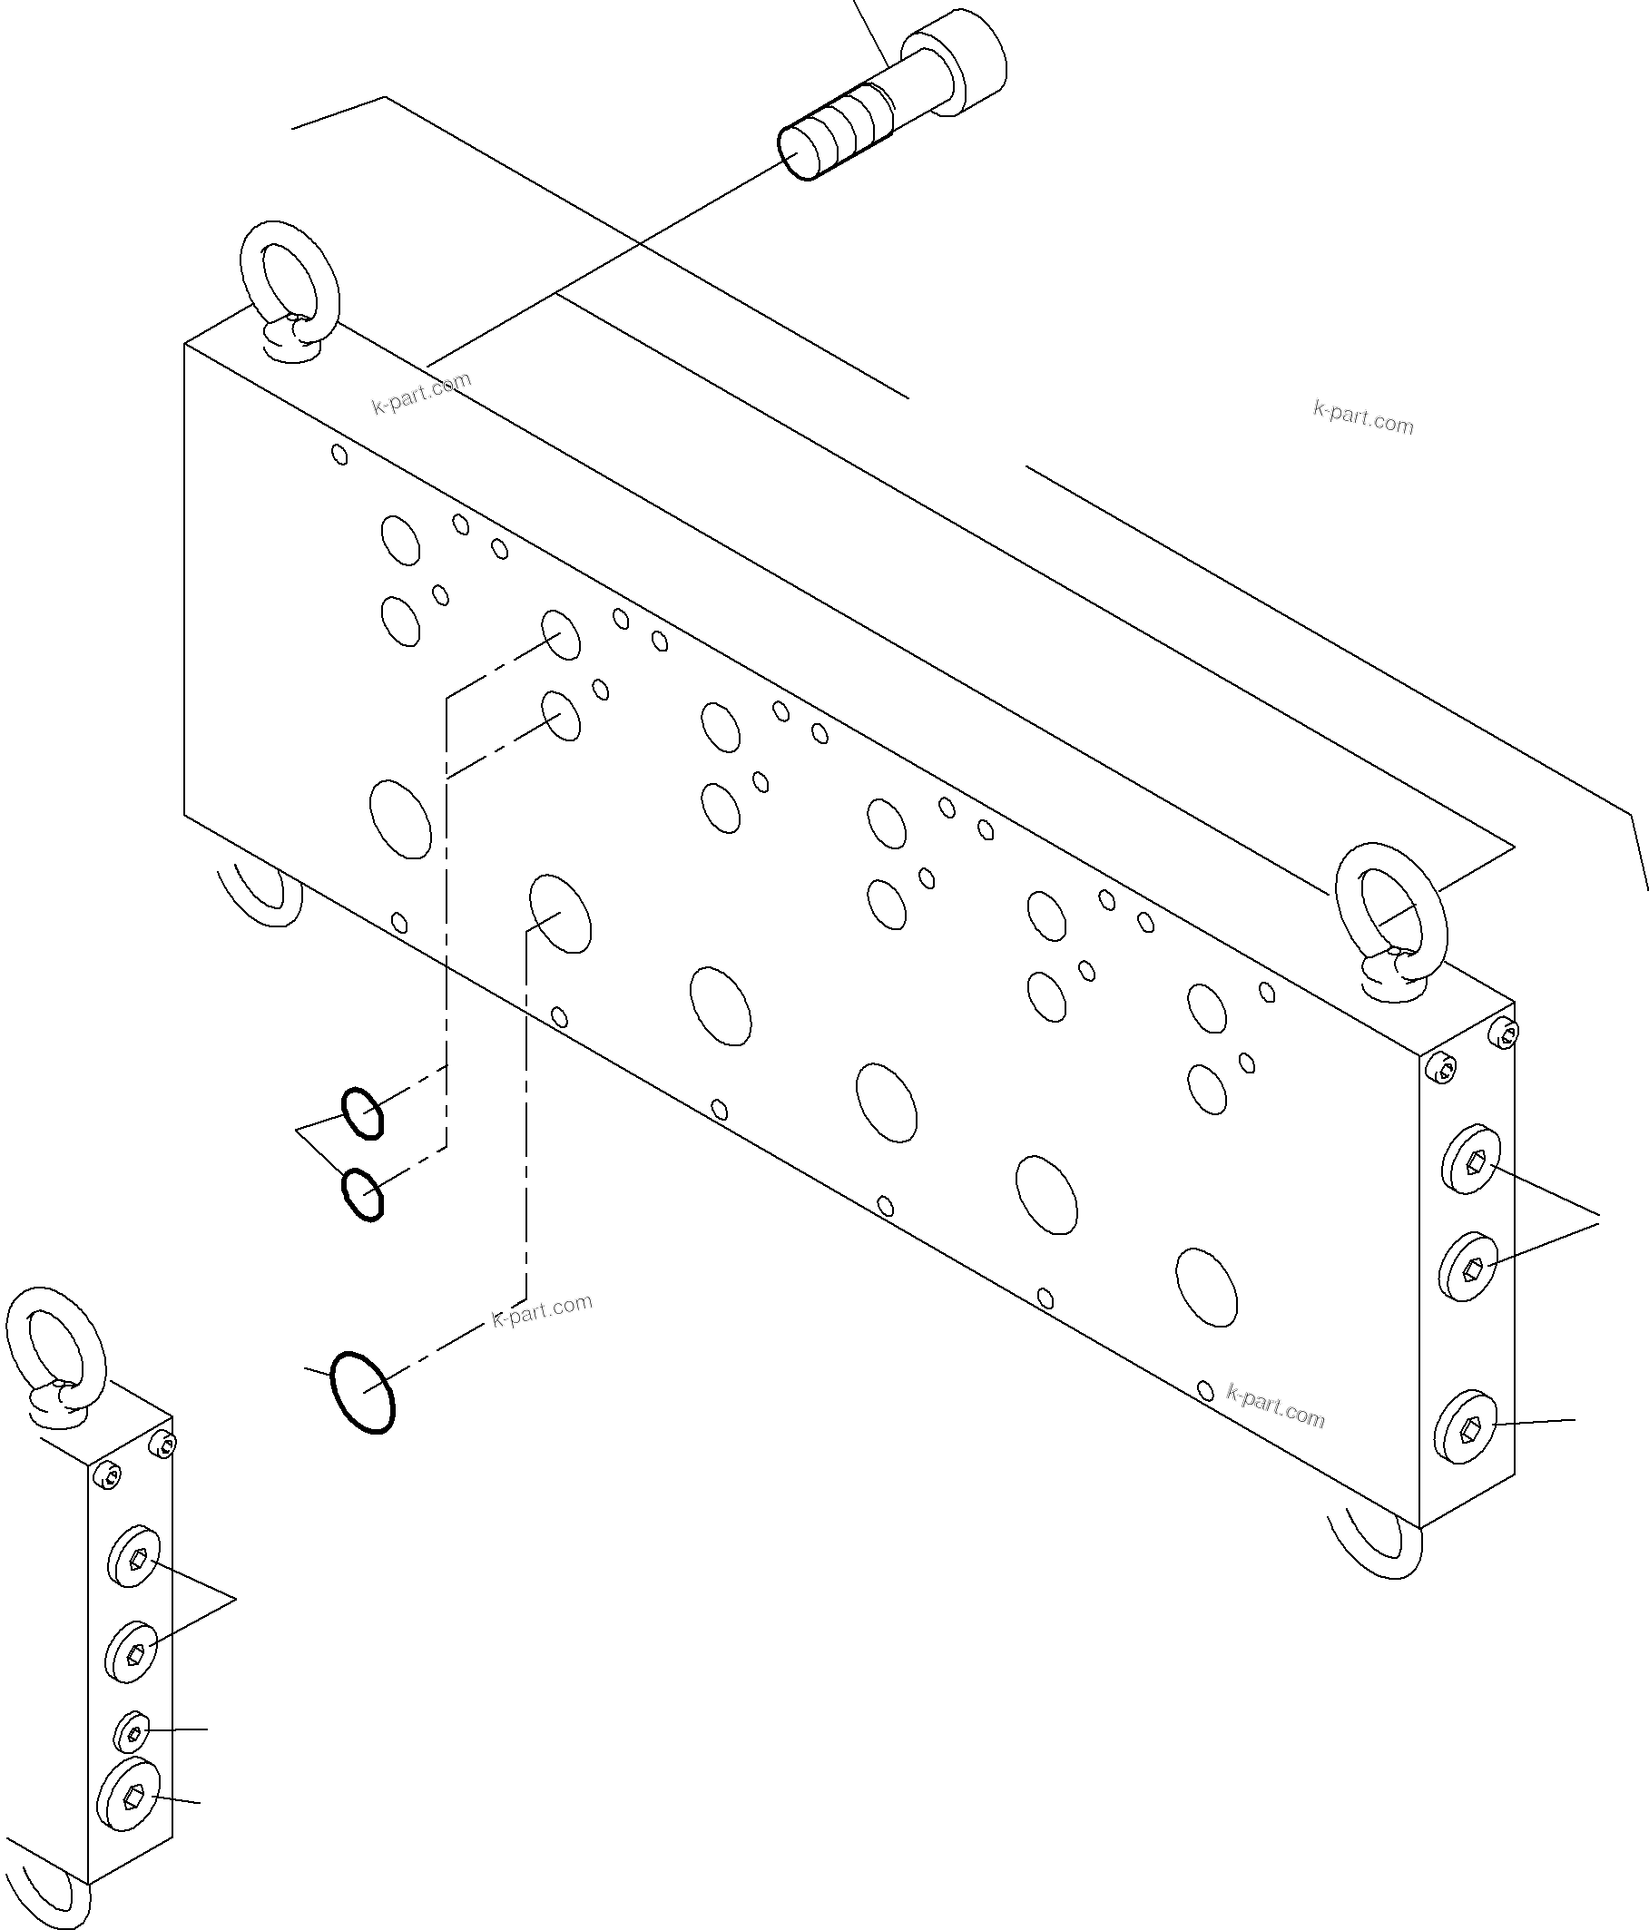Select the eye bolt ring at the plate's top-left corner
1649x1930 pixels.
290,276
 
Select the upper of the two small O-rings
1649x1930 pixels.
361,1112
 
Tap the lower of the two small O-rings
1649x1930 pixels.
361,1194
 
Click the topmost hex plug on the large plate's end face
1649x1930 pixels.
1471,1161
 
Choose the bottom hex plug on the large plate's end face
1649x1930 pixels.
1466,1453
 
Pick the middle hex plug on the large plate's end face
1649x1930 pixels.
1469,1266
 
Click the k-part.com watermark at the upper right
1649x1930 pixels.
1362,418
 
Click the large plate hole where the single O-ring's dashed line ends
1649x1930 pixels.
560,913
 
